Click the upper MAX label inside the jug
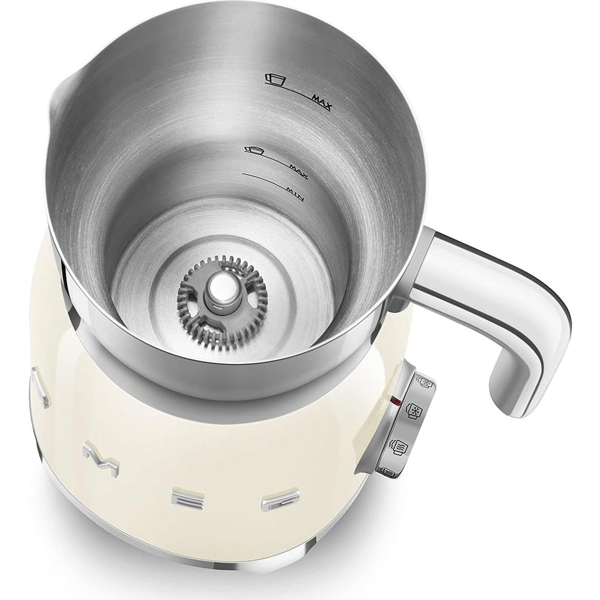321,103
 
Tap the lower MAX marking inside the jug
300,171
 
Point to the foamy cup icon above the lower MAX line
255,150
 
